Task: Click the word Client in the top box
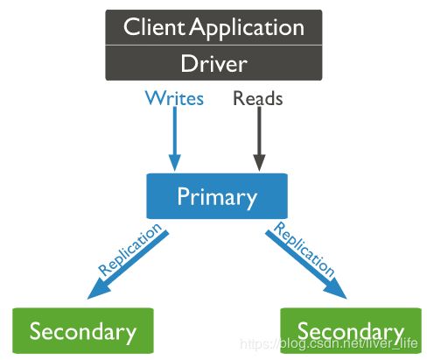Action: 154,27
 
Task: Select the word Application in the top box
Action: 248,29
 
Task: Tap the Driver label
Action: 213,63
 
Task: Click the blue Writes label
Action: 174,98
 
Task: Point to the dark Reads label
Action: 258,98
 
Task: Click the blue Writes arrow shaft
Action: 175,131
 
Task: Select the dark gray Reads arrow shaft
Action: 259,131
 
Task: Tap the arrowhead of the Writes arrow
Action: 175,162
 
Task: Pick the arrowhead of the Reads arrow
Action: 259,162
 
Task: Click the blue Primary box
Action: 217,196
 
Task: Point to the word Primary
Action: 217,198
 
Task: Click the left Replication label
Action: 129,249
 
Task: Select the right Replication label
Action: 304,249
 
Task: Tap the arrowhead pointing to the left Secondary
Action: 98,290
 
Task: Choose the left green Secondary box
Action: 83,330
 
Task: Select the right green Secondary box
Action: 351,330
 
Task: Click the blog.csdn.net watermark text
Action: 329,343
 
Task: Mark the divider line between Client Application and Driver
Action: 213,45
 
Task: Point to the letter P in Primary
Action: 183,196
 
